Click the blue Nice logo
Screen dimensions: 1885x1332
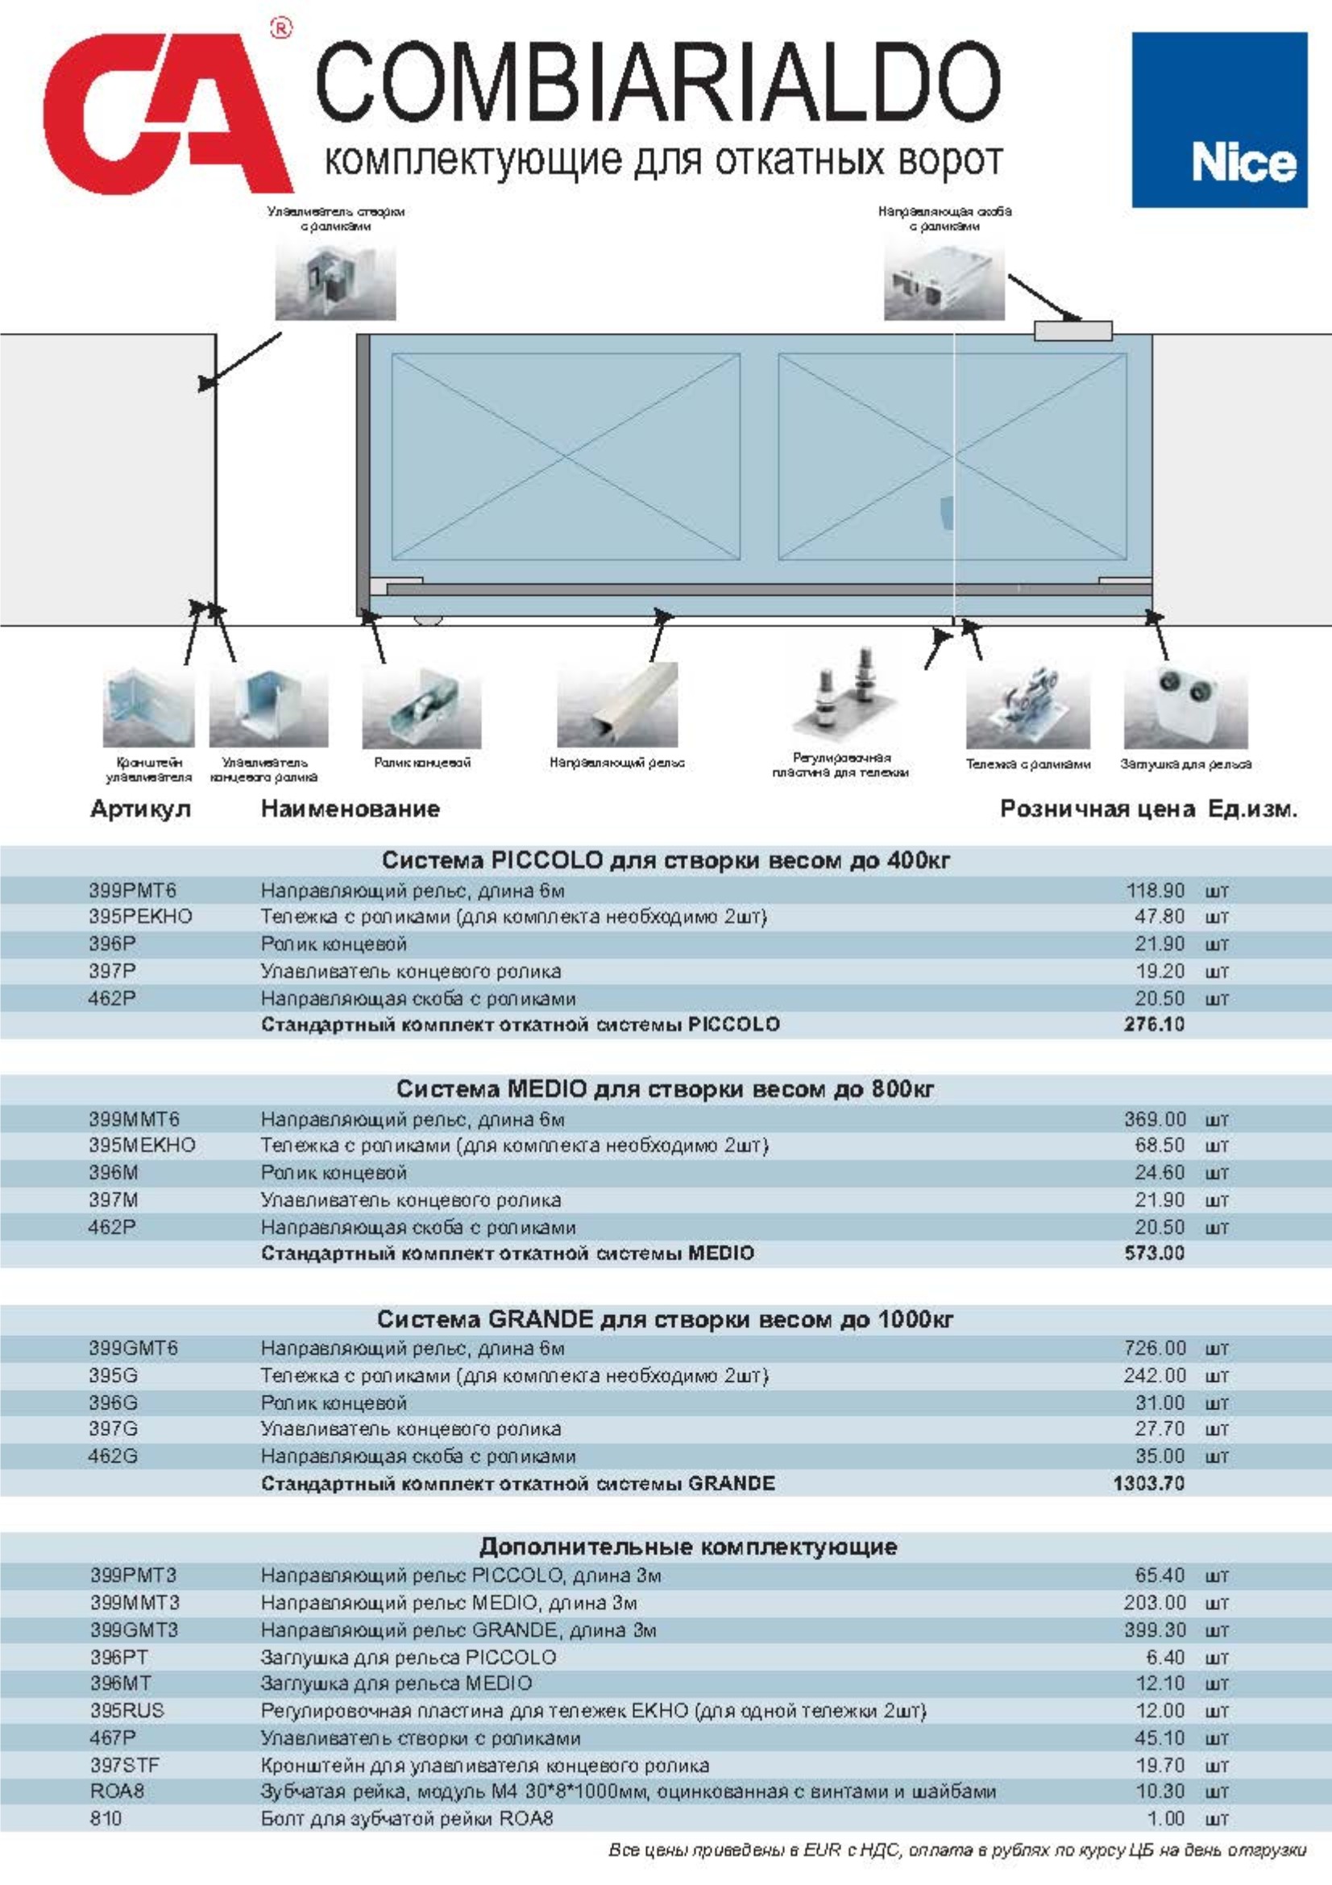coord(1218,120)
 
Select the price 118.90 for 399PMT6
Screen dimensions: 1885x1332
coord(1155,891)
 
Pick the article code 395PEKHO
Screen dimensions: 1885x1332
coord(140,916)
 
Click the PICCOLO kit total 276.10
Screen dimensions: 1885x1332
coord(1154,1025)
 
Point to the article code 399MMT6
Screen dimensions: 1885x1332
coord(135,1120)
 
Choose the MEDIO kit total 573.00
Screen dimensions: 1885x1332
coord(1154,1254)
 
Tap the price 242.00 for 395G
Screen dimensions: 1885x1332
coord(1155,1375)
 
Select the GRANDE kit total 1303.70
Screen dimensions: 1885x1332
coord(1149,1483)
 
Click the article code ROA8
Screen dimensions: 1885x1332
coord(118,1791)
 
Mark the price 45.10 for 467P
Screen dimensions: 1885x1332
coord(1160,1738)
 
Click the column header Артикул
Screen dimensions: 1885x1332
coord(140,809)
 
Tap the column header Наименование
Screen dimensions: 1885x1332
coord(351,809)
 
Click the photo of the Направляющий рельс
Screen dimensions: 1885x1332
coord(617,705)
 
